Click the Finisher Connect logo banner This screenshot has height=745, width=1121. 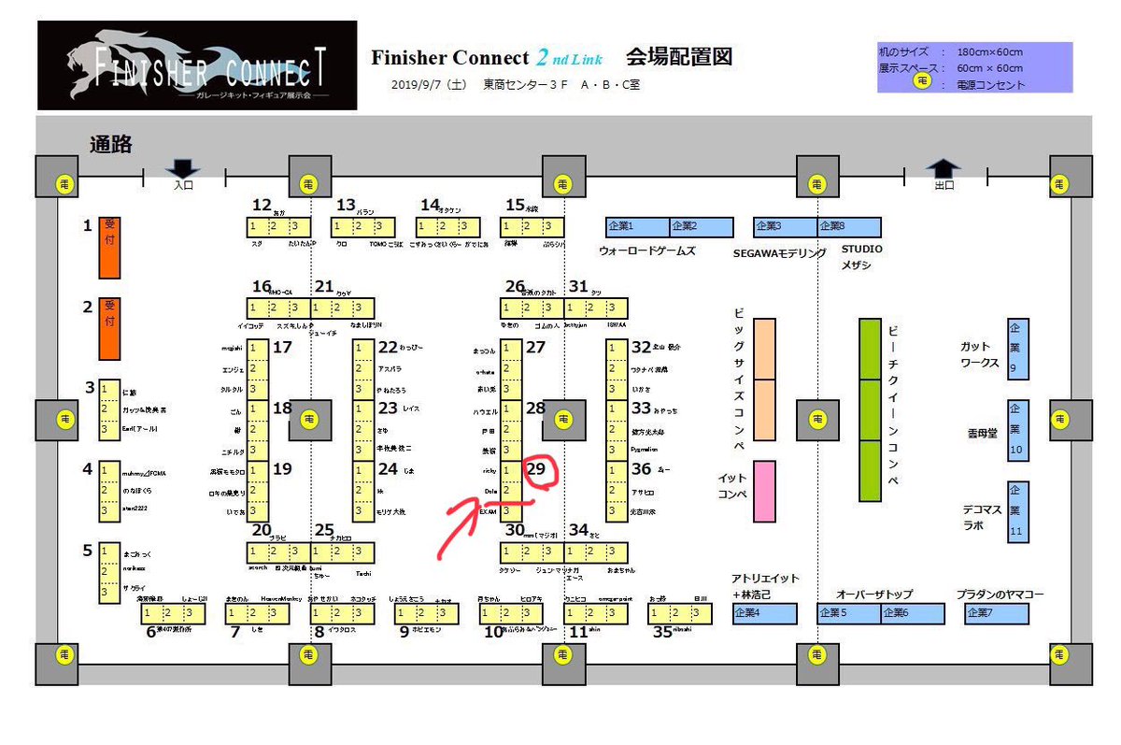pos(197,65)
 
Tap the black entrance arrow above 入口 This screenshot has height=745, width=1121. pos(182,169)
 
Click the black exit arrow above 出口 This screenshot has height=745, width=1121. pos(944,168)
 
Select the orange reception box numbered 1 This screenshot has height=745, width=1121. pos(110,249)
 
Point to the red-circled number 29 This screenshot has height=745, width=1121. pos(538,470)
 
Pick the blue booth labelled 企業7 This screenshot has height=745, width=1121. pos(997,613)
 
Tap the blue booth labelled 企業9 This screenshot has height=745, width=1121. pos(1018,349)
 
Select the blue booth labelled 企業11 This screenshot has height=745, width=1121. pos(1018,511)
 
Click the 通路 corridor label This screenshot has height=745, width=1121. pos(110,144)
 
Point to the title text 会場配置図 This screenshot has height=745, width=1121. pos(678,57)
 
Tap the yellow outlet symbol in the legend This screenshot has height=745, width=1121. pos(923,82)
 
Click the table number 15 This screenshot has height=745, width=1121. pos(516,205)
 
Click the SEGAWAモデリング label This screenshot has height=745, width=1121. pos(780,252)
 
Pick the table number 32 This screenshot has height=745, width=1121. pos(641,347)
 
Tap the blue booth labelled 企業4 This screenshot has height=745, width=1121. pos(765,613)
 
